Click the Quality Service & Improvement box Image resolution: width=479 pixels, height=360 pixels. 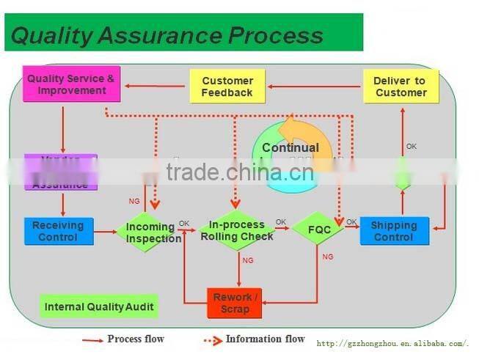pos(71,84)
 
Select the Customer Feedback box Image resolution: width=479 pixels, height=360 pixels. pos(227,87)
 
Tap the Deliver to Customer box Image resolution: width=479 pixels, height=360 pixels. pos(401,87)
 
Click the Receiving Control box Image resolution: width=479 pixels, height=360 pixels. pos(58,231)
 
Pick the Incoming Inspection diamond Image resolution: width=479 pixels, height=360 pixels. pos(153,232)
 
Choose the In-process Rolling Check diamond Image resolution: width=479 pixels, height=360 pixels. pos(237,230)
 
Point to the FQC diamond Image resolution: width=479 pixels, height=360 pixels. pos(319,229)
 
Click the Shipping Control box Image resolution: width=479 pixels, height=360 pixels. pos(394,231)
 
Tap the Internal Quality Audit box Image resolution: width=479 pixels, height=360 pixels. pos(99,306)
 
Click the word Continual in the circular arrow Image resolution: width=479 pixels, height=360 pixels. pos(290,148)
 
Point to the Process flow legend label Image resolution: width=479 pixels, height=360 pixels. pos(136,339)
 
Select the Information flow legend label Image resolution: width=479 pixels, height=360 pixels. pos(265,339)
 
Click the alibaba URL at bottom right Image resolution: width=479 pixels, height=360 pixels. pos(392,343)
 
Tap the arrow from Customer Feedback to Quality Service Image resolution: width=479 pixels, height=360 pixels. pos(155,87)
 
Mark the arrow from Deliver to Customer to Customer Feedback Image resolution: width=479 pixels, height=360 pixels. pos(315,87)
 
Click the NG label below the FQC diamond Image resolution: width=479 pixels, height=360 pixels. pos(328,257)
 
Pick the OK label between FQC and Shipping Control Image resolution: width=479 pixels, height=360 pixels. pos(351,221)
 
